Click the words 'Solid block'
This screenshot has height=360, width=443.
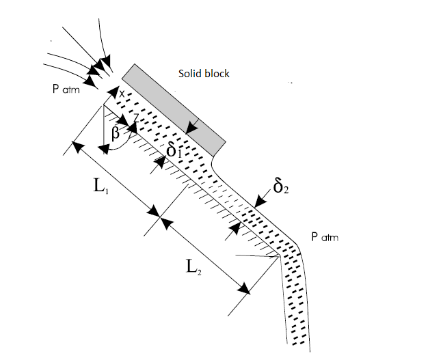click(204, 73)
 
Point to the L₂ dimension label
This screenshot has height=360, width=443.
click(194, 267)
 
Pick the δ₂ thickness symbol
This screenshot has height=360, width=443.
click(280, 185)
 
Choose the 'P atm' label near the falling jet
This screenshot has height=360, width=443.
click(325, 237)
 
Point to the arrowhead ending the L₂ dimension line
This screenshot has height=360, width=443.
click(243, 288)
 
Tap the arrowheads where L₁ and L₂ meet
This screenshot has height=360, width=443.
click(161, 217)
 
